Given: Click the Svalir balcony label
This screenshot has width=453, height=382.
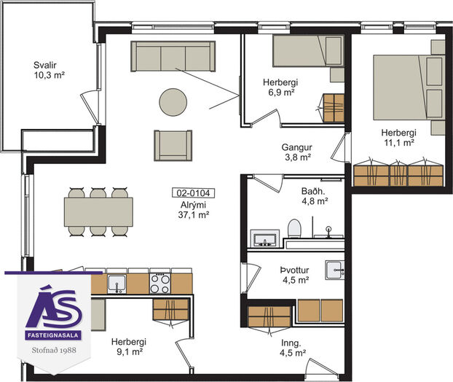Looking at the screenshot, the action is coord(44,65).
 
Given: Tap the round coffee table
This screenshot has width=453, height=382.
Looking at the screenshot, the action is coord(173,102).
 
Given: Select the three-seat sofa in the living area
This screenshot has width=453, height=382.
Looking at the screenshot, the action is coord(173,56).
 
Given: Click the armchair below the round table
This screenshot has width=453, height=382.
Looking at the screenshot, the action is coord(173,145).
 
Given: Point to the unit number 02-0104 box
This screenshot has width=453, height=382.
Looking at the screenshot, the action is coord(193,192).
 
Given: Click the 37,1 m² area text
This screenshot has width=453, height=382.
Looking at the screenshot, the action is coord(194,215).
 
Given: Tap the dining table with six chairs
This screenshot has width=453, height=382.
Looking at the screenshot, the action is coord(98,212).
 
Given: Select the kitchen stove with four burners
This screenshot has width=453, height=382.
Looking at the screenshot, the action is coord(160,284).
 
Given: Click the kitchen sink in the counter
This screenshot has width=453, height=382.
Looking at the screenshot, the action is coord(117,284).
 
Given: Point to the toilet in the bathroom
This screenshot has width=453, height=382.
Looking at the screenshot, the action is coord(294,228).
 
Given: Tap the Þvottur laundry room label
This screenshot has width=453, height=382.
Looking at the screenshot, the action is coord(294,270).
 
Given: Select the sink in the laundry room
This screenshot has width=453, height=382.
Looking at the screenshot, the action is coord(335,270).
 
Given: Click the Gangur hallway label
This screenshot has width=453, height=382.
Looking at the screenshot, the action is coord(296,147).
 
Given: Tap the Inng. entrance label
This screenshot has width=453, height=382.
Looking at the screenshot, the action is coord(291,343).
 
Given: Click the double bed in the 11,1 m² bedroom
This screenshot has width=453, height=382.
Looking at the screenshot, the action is coord(409,87).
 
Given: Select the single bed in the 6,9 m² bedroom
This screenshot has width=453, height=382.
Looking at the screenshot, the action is coord(308,51).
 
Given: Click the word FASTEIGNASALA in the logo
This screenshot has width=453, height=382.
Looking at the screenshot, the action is coord(53,335).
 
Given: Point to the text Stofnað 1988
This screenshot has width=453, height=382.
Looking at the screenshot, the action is coord(54,350).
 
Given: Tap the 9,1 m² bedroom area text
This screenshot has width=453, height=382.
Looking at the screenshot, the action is coord(129,352).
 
